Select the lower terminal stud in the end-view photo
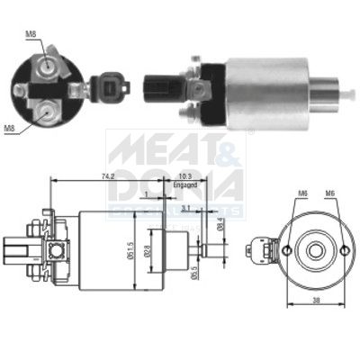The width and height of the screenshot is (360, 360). click(x=42, y=112)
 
